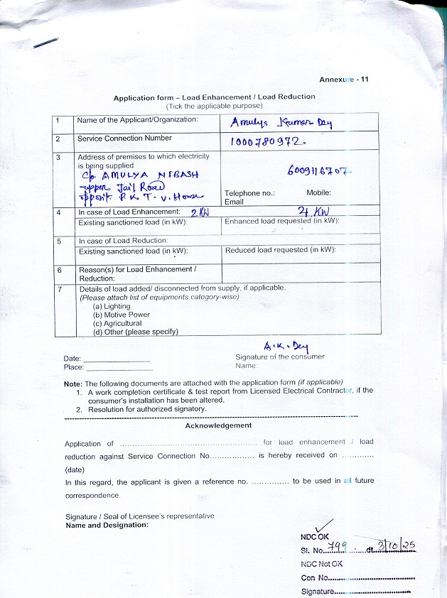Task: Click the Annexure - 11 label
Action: [x=343, y=80]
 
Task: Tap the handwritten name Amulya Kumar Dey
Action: [x=281, y=122]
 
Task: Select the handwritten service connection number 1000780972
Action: [x=267, y=142]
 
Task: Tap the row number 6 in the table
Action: [x=59, y=271]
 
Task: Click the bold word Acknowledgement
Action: [x=218, y=425]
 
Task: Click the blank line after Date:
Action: [x=117, y=360]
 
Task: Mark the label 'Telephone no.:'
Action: [x=249, y=193]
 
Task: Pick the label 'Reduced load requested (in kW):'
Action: [x=280, y=250]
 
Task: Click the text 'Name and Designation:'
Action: [x=107, y=525]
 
